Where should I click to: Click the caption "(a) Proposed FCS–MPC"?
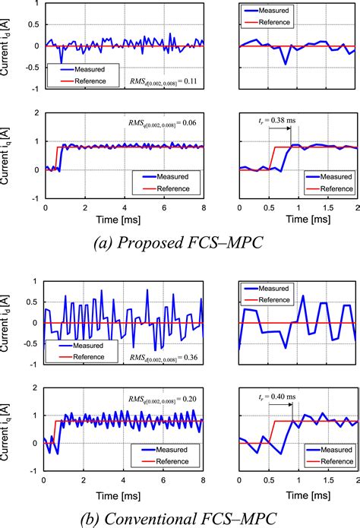click(179, 242)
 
